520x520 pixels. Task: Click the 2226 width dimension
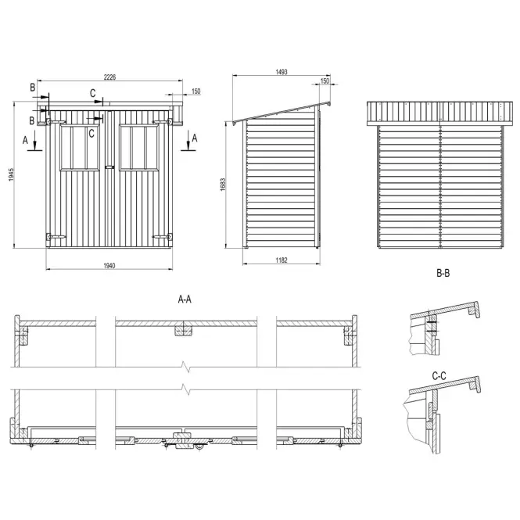coord(109,77)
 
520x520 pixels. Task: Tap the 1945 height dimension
coord(11,174)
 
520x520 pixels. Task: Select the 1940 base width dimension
coord(109,266)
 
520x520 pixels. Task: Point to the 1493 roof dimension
coord(282,72)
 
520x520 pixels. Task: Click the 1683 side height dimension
coord(223,185)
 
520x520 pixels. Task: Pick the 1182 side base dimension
coord(282,260)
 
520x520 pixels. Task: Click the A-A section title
coord(185,299)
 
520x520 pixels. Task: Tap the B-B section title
coord(443,273)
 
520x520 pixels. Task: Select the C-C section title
coord(439,376)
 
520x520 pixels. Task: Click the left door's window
coord(80,148)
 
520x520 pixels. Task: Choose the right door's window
coord(139,148)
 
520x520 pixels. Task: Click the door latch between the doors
coord(109,167)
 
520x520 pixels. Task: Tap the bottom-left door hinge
coord(56,237)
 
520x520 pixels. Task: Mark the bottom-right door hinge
coord(163,237)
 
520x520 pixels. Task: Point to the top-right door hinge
coord(163,122)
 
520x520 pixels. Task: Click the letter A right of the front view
coord(195,138)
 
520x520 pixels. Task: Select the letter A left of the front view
coord(25,140)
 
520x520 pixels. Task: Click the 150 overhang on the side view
coord(325,81)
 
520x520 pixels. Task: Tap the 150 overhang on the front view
coord(196,91)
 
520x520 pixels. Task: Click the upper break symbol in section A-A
coord(186,367)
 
